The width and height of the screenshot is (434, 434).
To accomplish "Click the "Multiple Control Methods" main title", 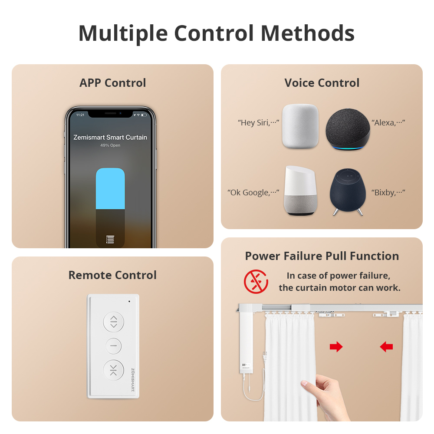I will tap(217, 33).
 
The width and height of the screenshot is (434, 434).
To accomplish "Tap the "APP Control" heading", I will tap(113, 83).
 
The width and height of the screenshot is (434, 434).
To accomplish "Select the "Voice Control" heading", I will tap(322, 83).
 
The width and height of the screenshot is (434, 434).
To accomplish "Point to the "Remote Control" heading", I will tap(112, 275).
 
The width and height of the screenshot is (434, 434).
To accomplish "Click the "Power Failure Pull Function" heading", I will tap(322, 256).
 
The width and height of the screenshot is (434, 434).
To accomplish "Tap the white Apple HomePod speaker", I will tap(300, 126).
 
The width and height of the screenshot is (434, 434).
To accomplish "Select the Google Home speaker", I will tap(300, 191).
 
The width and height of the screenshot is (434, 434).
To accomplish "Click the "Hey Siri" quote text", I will tap(258, 123).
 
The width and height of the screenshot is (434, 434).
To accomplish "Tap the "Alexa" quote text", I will tap(388, 123).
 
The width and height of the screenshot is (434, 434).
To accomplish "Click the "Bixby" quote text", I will tap(388, 192).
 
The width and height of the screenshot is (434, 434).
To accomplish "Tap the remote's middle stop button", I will tap(114, 346).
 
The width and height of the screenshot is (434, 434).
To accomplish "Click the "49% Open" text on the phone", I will tap(110, 145).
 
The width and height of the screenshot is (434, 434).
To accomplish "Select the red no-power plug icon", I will tap(256, 281).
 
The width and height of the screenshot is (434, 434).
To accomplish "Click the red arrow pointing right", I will tap(336, 346).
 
